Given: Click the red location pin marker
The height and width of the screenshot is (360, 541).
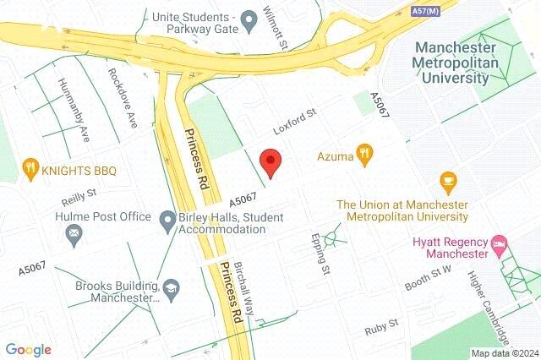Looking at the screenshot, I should pyautogui.click(x=270, y=161).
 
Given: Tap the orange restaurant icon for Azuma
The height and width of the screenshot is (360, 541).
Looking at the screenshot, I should pyautogui.click(x=365, y=154).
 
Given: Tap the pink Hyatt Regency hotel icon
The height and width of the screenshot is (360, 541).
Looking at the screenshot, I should pyautogui.click(x=500, y=245).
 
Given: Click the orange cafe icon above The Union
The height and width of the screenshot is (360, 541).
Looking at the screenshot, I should pyautogui.click(x=448, y=181).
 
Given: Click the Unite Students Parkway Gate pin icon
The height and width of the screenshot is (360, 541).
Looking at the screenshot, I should pyautogui.click(x=249, y=19).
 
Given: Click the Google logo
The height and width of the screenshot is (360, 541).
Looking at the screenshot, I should pyautogui.click(x=28, y=350).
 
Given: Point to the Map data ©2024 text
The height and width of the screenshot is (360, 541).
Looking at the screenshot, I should pyautogui.click(x=505, y=353).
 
